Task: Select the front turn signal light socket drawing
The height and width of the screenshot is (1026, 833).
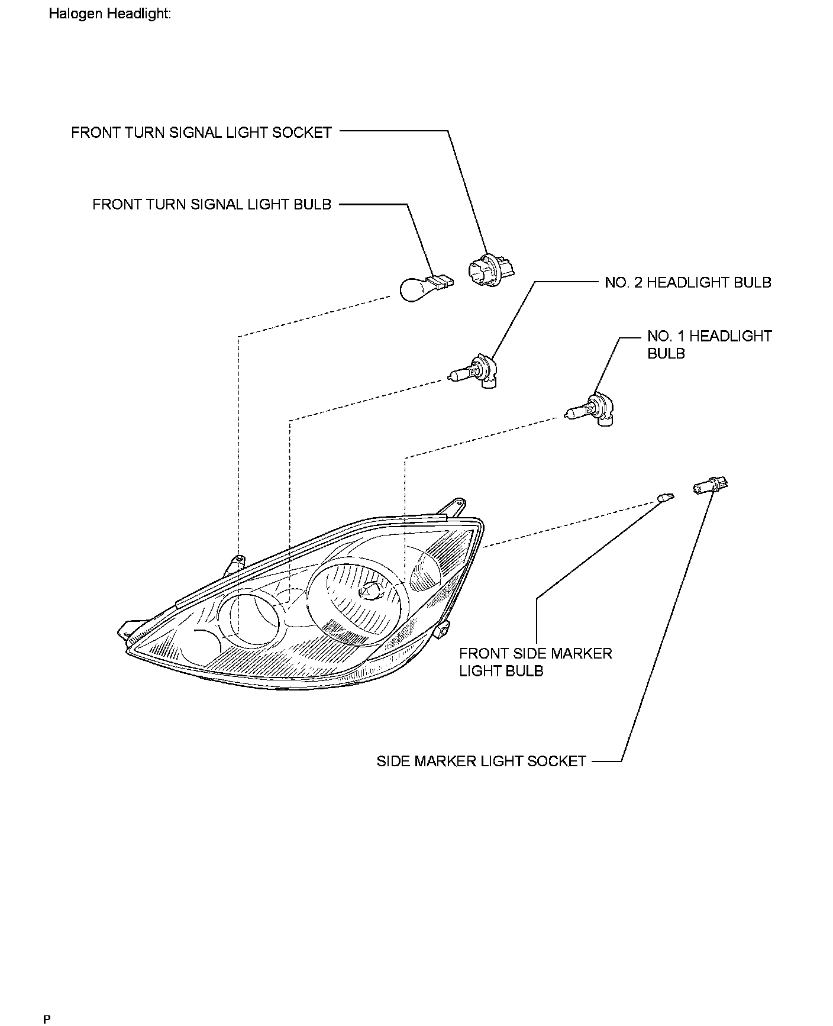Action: [x=490, y=272]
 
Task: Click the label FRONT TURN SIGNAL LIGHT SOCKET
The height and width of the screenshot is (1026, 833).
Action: [x=201, y=133]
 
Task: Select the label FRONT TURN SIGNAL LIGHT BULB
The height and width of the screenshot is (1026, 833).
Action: [x=212, y=205]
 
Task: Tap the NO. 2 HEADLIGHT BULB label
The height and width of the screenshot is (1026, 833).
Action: [x=688, y=283]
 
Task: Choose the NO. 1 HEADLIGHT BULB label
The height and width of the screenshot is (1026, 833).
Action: [x=709, y=344]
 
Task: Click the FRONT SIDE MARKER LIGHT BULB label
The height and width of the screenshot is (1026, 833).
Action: [x=535, y=662]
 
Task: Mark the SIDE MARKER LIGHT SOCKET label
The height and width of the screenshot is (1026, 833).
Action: [x=481, y=761]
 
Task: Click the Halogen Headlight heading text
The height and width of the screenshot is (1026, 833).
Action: [x=109, y=14]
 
